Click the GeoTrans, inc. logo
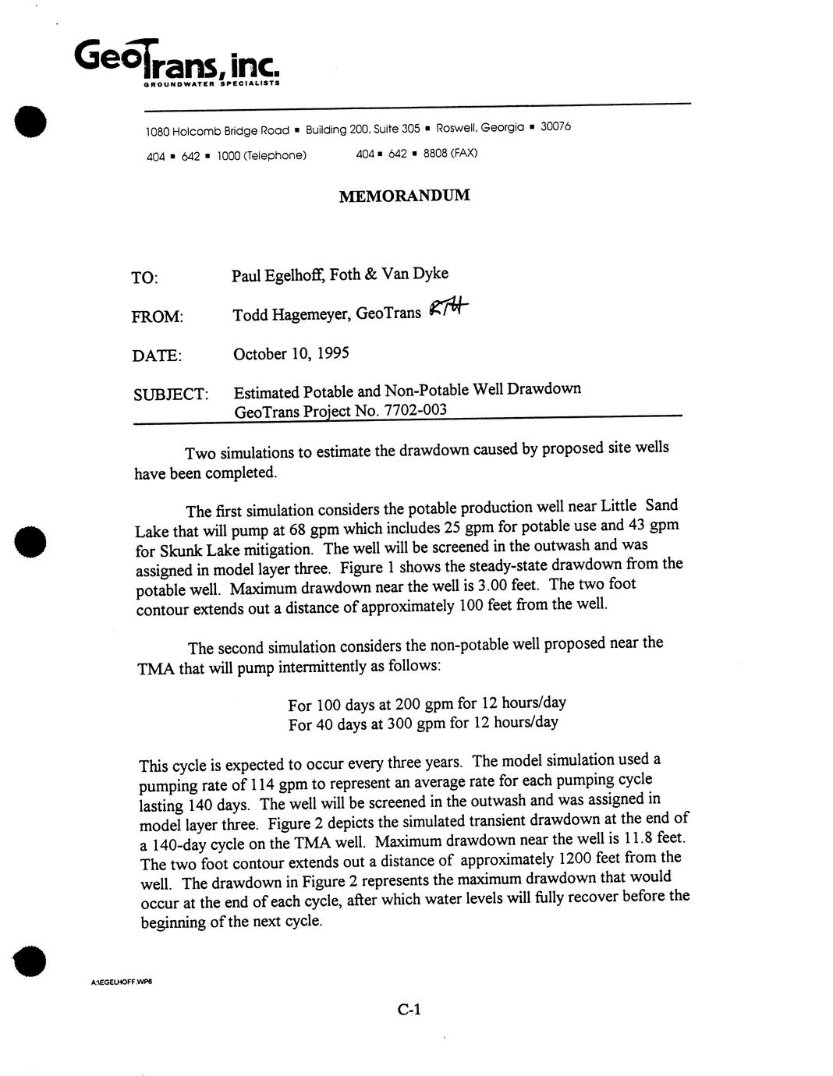point(175,59)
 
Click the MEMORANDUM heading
point(404,195)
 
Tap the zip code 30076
point(555,126)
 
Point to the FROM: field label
point(158,317)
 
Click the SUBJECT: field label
point(171,394)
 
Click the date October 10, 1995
point(291,353)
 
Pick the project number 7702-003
point(415,410)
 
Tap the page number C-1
point(409,1010)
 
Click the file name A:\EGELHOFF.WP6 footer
point(121,982)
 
